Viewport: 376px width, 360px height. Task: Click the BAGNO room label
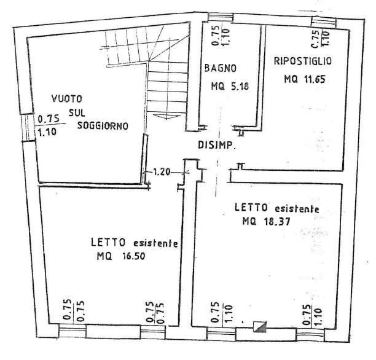(220, 68)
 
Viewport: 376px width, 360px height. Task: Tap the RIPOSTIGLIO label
(303, 61)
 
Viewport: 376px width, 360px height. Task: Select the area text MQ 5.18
(230, 86)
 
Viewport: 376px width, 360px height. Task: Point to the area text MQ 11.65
(305, 79)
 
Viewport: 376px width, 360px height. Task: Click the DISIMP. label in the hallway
(216, 145)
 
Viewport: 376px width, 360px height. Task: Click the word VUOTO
(67, 98)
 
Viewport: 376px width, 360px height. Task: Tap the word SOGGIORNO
(103, 126)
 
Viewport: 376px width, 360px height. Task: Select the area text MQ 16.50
(121, 256)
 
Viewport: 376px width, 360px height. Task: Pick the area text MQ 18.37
(266, 221)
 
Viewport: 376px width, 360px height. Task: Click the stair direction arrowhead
(166, 117)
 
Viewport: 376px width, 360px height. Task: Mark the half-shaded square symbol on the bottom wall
(260, 327)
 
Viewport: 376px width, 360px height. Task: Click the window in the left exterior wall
(28, 127)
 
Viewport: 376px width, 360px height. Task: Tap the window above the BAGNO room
(221, 17)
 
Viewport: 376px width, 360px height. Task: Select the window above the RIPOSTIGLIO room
(324, 22)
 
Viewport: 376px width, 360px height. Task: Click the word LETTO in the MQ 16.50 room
(108, 242)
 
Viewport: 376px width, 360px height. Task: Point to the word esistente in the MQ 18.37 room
(297, 209)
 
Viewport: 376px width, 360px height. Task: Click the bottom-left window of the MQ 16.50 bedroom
(72, 331)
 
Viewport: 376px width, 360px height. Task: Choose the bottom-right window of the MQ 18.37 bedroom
(311, 335)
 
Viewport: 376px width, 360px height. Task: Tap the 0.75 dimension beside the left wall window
(49, 119)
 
